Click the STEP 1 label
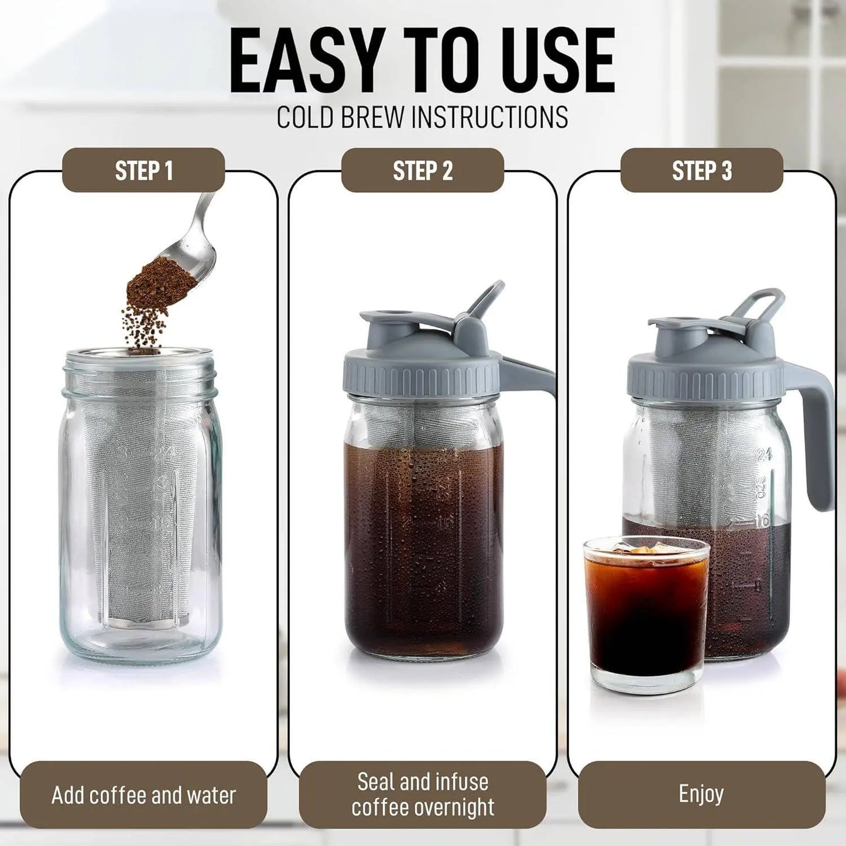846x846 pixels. pyautogui.click(x=143, y=170)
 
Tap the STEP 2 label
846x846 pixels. pyautogui.click(x=422, y=170)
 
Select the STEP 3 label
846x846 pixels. pyautogui.click(x=701, y=170)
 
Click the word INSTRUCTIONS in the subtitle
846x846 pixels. pyautogui.click(x=489, y=117)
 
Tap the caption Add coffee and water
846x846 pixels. pyautogui.click(x=143, y=795)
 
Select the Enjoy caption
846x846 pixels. pyautogui.click(x=701, y=794)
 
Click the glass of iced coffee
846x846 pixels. pyautogui.click(x=646, y=615)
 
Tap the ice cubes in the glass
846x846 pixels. pyautogui.click(x=644, y=550)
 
